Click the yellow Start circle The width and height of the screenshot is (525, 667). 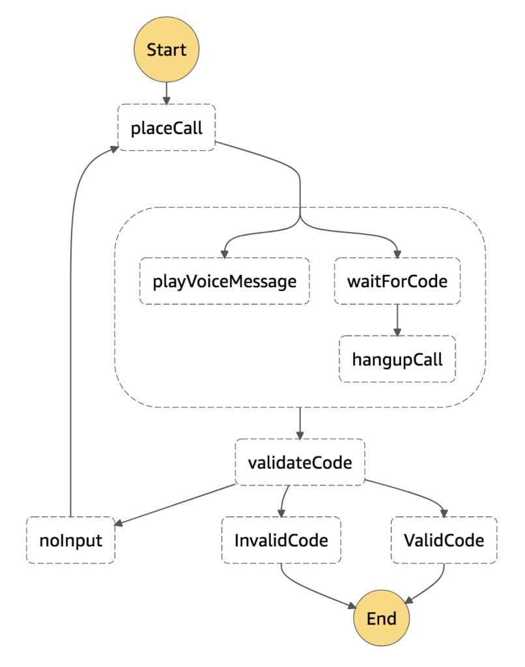[166, 50]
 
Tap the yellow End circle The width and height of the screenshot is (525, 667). [381, 618]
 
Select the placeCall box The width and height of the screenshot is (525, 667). [166, 128]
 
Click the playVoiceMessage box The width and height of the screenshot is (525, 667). [225, 281]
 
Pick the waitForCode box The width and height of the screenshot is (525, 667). [397, 281]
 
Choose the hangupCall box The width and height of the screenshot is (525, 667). [397, 359]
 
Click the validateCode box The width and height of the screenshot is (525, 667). [300, 462]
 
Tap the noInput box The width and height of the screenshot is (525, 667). [71, 540]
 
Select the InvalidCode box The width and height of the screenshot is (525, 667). [281, 540]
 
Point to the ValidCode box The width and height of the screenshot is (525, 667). [444, 540]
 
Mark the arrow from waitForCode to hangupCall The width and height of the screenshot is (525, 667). [397, 320]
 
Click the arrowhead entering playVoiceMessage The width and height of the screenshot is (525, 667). [225, 254]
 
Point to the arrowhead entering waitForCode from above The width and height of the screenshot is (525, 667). [397, 254]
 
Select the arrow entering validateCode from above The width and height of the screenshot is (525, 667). [300, 423]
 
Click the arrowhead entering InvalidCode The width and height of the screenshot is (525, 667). [281, 513]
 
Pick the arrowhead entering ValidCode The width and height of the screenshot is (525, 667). [444, 513]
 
